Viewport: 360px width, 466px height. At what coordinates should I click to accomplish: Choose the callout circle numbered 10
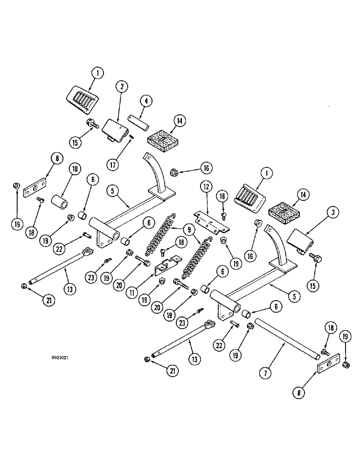click(x=74, y=170)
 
